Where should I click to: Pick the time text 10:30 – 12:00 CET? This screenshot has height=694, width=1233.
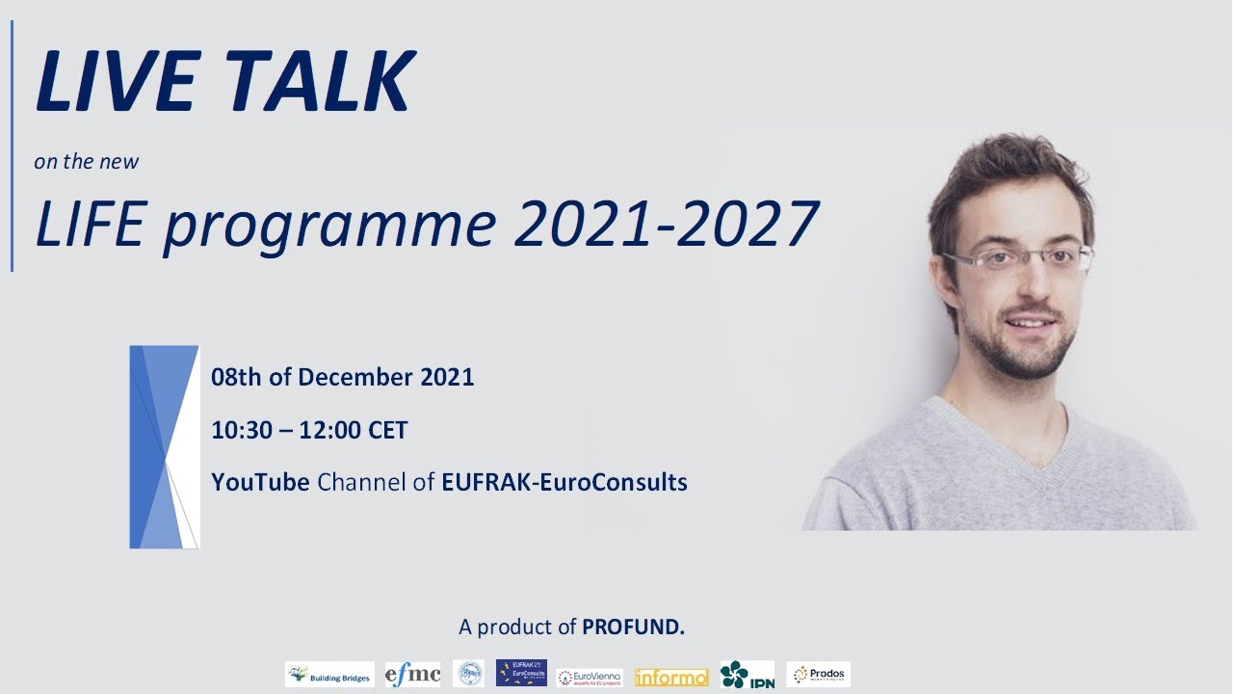pos(309,430)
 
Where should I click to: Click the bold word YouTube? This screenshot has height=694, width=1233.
pos(260,482)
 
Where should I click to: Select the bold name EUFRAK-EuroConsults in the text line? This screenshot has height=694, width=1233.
pos(564,482)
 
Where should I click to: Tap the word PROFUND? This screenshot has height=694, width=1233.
pos(633,627)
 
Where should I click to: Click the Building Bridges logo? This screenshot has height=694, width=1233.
pos(329,675)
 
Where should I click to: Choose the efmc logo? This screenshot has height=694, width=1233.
pos(412,674)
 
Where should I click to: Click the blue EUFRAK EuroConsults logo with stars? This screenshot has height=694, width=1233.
pos(521,673)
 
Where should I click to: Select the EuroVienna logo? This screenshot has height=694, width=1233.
pos(590,677)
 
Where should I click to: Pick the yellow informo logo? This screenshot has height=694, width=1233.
pos(671,678)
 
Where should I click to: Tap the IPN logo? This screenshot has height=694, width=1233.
pos(747,674)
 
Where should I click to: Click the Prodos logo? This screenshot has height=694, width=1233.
pos(818,674)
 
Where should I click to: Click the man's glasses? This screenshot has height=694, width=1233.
pos(1018,259)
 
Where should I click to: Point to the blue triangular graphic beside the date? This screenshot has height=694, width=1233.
pos(164,446)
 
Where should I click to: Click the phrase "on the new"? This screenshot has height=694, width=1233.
pos(87,161)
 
